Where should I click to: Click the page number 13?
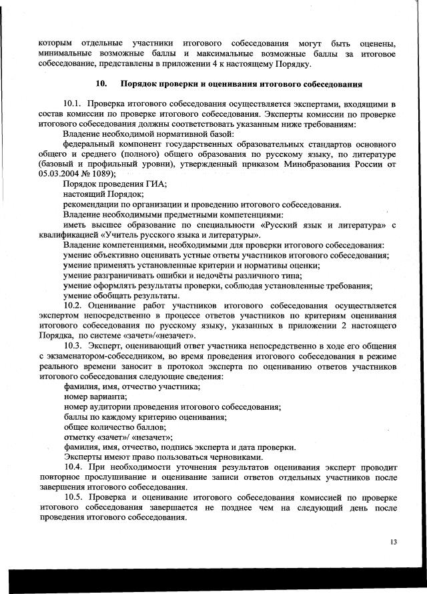point(393,541)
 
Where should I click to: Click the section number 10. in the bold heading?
point(101,85)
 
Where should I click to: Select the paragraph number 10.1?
point(73,105)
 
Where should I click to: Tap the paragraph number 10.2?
point(73,305)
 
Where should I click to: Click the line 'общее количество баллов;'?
point(114,426)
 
